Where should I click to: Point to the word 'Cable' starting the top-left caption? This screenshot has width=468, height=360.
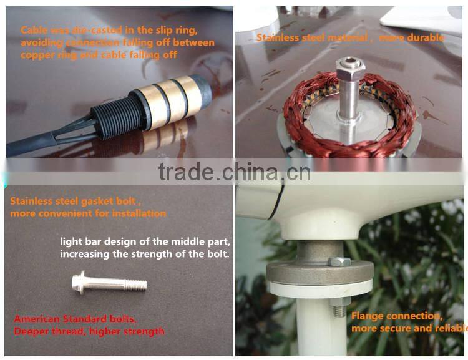click(32, 30)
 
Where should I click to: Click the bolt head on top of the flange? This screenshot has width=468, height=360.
click(339, 261)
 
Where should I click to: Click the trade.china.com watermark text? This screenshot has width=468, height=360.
click(234, 172)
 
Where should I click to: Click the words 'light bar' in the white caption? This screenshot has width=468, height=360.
click(82, 241)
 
